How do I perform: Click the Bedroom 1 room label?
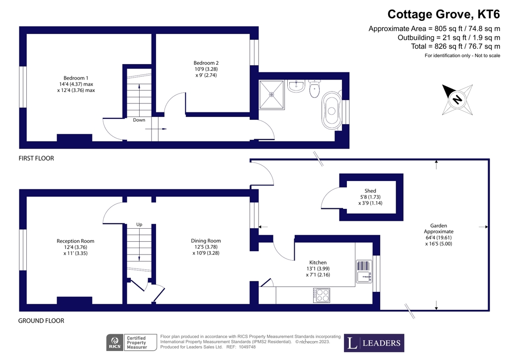(x=76, y=84)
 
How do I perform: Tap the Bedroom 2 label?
(x=206, y=69)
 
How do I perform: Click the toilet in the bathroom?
(x=314, y=90)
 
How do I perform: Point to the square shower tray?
(x=271, y=93)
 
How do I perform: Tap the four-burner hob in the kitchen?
(x=322, y=295)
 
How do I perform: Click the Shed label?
(x=370, y=196)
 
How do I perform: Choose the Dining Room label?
(x=206, y=247)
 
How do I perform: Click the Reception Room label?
(x=75, y=247)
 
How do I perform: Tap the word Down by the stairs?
(x=139, y=120)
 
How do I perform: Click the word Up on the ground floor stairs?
(x=139, y=225)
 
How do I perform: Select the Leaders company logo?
(x=374, y=343)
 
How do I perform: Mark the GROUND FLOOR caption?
(x=41, y=321)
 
